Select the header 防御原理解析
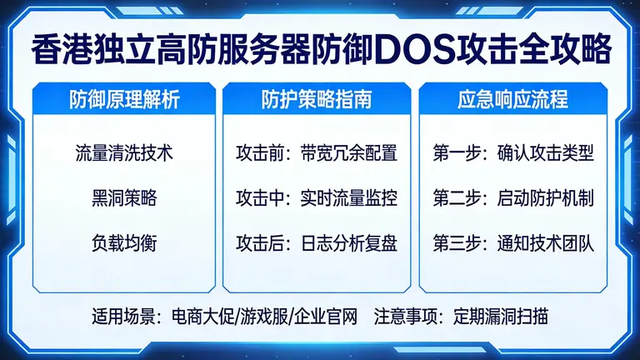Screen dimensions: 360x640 pyautogui.click(x=123, y=101)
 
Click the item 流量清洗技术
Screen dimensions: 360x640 pyautogui.click(x=123, y=154)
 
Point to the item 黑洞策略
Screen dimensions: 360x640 pyautogui.click(x=123, y=199)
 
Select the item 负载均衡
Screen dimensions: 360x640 pyautogui.click(x=123, y=244)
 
